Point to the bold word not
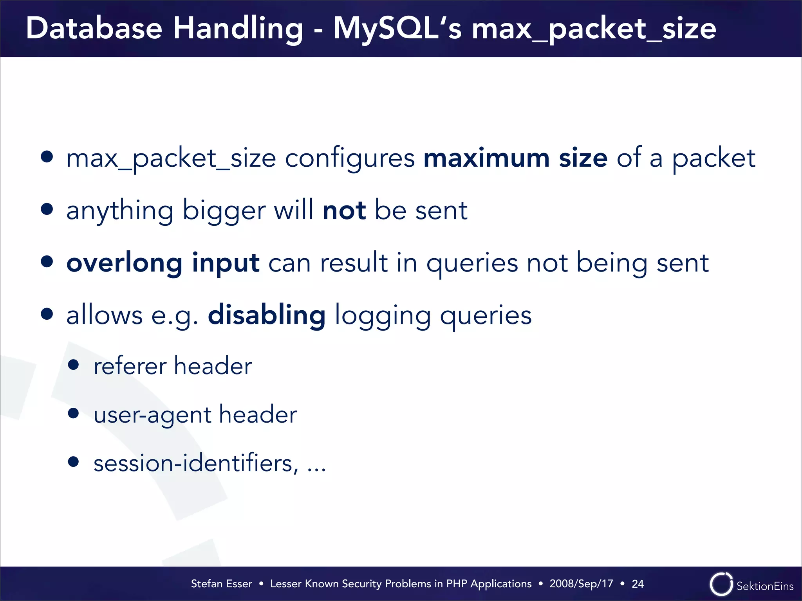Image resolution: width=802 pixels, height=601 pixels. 344,211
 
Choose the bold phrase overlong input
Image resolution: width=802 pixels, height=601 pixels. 163,263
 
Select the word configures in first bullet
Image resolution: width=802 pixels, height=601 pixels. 350,159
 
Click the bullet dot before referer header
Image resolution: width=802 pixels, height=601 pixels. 73,365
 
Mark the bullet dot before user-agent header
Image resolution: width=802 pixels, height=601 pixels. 73,413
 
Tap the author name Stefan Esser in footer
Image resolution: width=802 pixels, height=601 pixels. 221,584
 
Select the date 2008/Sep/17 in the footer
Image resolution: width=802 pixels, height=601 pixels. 581,584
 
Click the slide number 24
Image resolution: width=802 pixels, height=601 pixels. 638,584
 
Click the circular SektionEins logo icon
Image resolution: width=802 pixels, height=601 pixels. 721,584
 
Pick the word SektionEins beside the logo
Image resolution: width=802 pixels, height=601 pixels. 765,586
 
